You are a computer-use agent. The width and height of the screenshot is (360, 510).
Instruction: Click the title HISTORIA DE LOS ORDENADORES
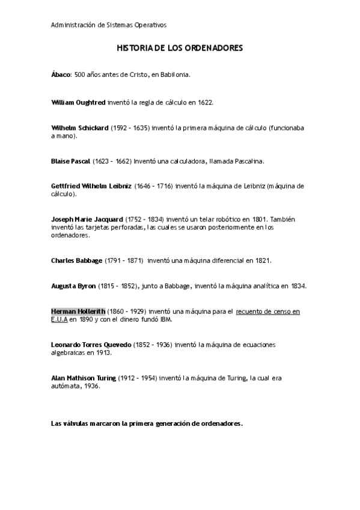click(x=180, y=48)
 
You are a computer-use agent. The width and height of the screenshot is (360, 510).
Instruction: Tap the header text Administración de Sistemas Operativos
click(x=109, y=25)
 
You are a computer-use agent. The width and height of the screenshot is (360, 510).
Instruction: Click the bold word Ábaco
click(x=61, y=75)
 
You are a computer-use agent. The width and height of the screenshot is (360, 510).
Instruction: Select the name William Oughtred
click(x=78, y=102)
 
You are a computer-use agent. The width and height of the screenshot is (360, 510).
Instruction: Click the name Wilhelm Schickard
click(x=80, y=127)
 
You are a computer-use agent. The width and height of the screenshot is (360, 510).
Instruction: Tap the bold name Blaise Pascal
click(x=71, y=161)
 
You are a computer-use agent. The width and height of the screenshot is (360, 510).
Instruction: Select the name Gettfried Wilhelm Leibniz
click(x=91, y=186)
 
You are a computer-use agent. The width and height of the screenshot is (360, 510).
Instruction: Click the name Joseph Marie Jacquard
click(x=87, y=219)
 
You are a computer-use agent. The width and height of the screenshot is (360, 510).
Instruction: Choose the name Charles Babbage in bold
click(x=77, y=260)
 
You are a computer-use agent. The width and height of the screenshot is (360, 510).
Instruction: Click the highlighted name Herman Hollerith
click(x=78, y=311)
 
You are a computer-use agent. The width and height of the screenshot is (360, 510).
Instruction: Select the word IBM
click(x=165, y=319)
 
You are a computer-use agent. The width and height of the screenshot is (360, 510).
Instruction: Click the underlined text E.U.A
click(x=59, y=319)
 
